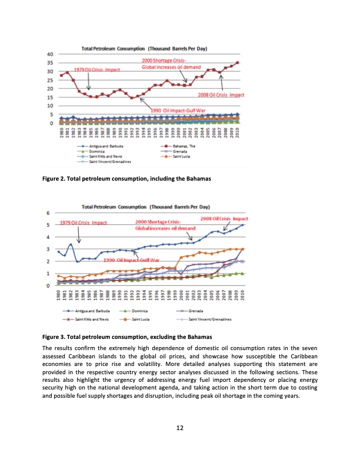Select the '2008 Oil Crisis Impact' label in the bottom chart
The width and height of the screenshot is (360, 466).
tap(224, 218)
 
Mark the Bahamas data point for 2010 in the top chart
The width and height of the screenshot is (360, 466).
tap(238, 62)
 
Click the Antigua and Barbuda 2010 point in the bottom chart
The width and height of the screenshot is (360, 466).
tap(242, 225)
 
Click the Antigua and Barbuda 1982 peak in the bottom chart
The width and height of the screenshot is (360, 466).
tap(71, 244)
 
